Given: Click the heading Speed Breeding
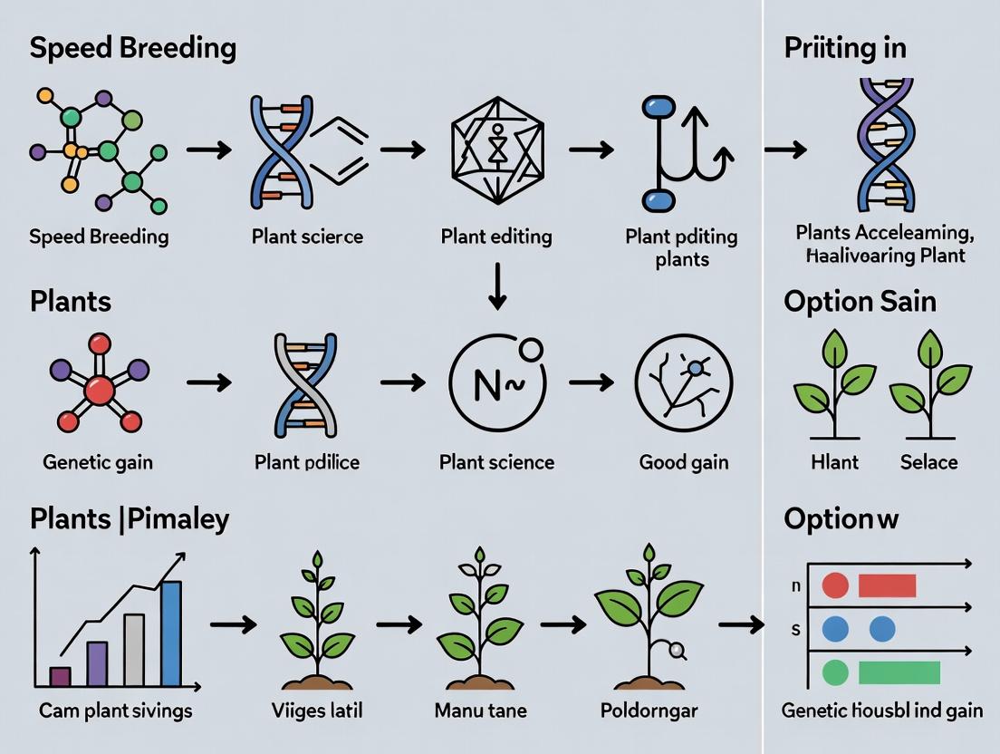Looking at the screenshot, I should pyautogui.click(x=132, y=48).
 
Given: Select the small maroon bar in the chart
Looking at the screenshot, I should pyautogui.click(x=60, y=676).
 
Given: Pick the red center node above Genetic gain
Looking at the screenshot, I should pyautogui.click(x=99, y=389).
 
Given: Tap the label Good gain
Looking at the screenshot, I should pyautogui.click(x=684, y=462).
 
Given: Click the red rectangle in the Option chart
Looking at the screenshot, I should pyautogui.click(x=887, y=585).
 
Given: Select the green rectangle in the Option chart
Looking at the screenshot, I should pyautogui.click(x=899, y=672).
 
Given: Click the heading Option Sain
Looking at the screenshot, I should pyautogui.click(x=860, y=302).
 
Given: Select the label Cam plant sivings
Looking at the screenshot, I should pyautogui.click(x=116, y=710).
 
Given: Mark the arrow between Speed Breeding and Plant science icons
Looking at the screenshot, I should pyautogui.click(x=207, y=149).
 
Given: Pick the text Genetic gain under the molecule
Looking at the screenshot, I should pyautogui.click(x=98, y=462).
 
